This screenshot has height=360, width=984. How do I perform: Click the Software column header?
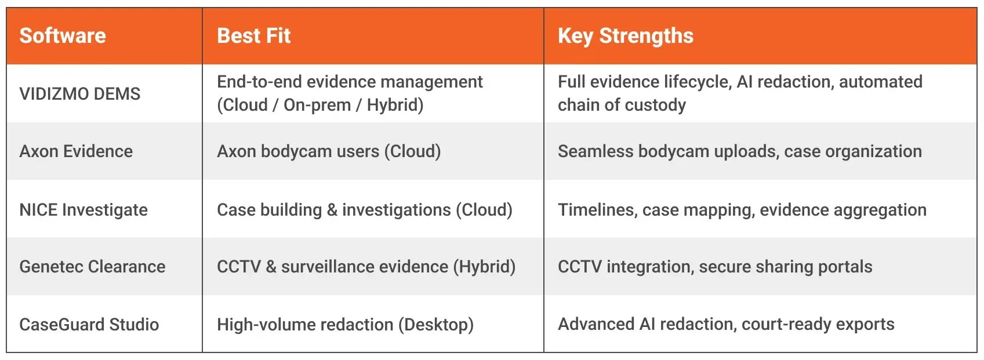tap(63, 35)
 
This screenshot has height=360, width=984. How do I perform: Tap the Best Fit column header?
tap(253, 35)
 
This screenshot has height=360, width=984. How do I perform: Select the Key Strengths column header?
tap(625, 36)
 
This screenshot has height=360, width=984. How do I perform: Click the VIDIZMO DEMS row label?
tap(79, 93)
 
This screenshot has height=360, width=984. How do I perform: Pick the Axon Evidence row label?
tap(76, 151)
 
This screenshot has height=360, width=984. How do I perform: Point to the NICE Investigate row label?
tap(83, 209)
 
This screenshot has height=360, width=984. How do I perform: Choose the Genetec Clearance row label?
tap(92, 267)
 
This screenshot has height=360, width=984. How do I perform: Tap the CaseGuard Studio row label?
tap(89, 325)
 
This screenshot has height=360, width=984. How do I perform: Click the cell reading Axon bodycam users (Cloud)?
tap(329, 151)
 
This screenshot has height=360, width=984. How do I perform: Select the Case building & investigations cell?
tap(365, 210)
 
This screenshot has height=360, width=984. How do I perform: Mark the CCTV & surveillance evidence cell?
tap(366, 267)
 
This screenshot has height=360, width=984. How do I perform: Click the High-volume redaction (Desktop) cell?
tap(345, 325)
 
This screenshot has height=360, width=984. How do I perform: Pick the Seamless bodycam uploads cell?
tap(740, 151)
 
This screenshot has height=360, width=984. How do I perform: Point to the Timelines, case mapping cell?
tap(742, 210)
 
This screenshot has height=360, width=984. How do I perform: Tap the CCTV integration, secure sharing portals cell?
tap(715, 267)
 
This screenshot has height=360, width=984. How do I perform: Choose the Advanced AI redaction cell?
tap(726, 325)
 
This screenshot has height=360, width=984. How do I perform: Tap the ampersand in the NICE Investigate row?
tap(332, 210)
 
